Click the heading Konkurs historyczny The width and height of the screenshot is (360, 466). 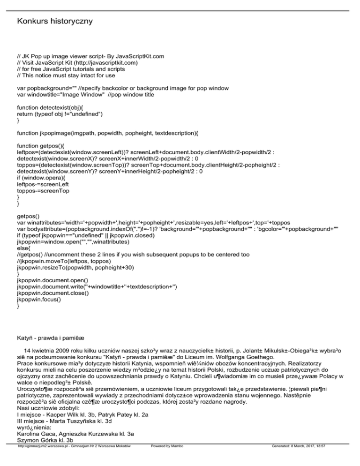[54, 22]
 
